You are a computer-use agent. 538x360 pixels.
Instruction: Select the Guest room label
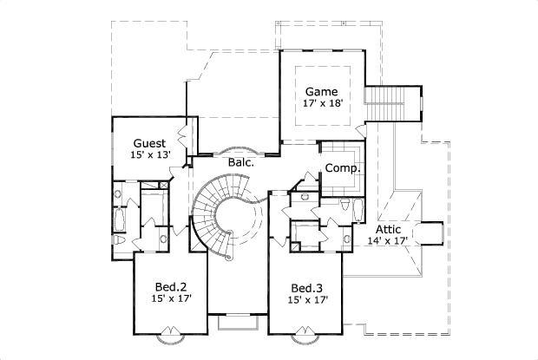[149, 143]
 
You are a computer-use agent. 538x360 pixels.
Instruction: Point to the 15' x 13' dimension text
[149, 155]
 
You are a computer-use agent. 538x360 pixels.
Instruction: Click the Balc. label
[240, 162]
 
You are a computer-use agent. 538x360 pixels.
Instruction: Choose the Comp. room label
[343, 168]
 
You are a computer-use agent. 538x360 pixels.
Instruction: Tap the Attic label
[387, 229]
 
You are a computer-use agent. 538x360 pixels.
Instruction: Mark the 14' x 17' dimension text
[387, 241]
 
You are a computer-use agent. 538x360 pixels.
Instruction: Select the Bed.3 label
[308, 287]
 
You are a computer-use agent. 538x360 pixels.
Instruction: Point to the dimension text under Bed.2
[172, 299]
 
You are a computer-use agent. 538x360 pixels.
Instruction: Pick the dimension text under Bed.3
[308, 299]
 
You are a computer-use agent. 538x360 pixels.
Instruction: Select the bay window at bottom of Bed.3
[307, 333]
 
